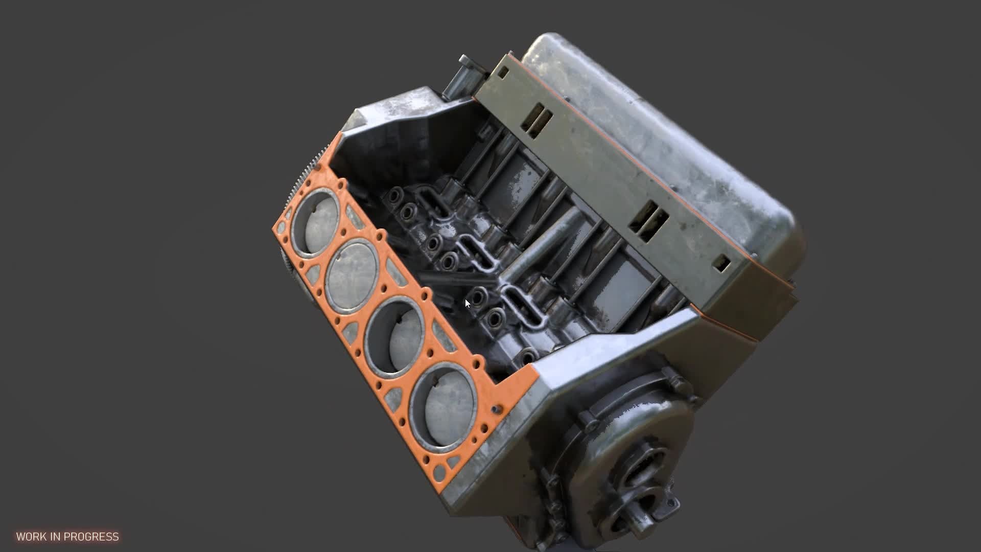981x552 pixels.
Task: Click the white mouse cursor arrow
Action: pos(468,304)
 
